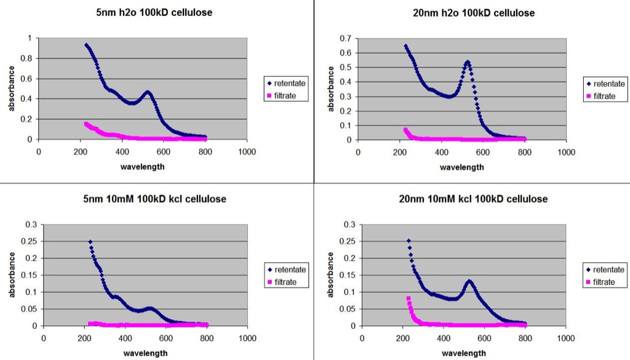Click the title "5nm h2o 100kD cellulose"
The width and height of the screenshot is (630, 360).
pyautogui.click(x=154, y=12)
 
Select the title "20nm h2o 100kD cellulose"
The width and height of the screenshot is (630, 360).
pyautogui.click(x=474, y=13)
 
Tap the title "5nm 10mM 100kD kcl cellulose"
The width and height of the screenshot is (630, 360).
pyautogui.click(x=154, y=199)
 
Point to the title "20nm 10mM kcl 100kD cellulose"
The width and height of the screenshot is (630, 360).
pyautogui.click(x=473, y=199)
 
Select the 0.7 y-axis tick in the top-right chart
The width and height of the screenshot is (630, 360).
pyautogui.click(x=346, y=39)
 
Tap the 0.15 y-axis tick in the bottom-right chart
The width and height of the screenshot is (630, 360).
pyautogui.click(x=348, y=275)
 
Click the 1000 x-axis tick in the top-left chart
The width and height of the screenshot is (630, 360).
pyautogui.click(x=247, y=152)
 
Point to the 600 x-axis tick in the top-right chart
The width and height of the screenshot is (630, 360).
pyautogui.click(x=483, y=152)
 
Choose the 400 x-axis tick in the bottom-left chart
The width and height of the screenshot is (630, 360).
pyautogui.click(x=125, y=338)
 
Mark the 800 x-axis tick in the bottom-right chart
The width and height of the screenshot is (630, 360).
pyautogui.click(x=525, y=338)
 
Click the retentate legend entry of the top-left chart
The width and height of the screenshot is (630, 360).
pyautogui.click(x=286, y=83)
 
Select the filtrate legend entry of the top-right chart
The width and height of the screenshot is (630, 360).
pyautogui.click(x=601, y=96)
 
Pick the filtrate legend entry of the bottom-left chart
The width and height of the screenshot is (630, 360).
pyautogui.click(x=282, y=282)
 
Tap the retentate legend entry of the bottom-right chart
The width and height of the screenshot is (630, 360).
pyautogui.click(x=605, y=270)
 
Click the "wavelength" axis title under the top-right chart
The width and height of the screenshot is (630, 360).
pyautogui.click(x=462, y=167)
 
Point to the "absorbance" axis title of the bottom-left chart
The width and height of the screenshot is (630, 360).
pyautogui.click(x=12, y=275)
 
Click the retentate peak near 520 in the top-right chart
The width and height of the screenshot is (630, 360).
pyautogui.click(x=468, y=62)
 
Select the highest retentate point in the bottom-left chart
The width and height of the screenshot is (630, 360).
pyautogui.click(x=90, y=242)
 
